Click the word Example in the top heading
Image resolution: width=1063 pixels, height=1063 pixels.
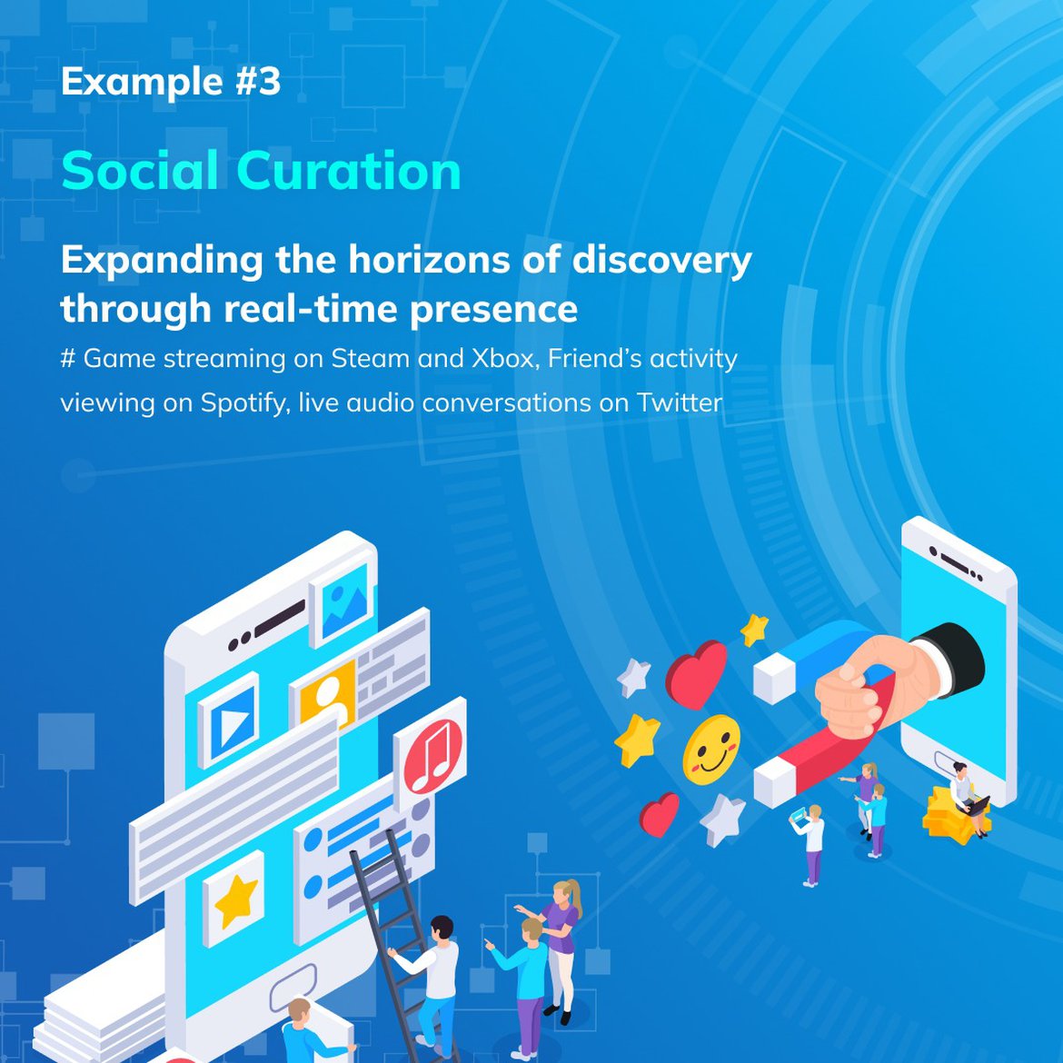(142, 82)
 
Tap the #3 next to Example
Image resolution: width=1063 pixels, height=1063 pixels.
(258, 82)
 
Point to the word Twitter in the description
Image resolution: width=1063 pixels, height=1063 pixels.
(680, 402)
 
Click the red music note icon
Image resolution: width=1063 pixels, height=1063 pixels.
(432, 755)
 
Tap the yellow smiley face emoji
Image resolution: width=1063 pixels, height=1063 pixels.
(711, 750)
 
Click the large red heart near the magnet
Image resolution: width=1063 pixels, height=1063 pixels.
(696, 674)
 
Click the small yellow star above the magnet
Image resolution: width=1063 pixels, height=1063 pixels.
(754, 630)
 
